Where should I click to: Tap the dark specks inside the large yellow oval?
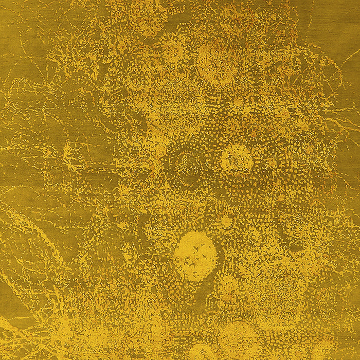[x=198, y=252]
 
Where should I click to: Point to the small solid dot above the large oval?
[x=227, y=221]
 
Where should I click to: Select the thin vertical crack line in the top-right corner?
[x=312, y=21]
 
